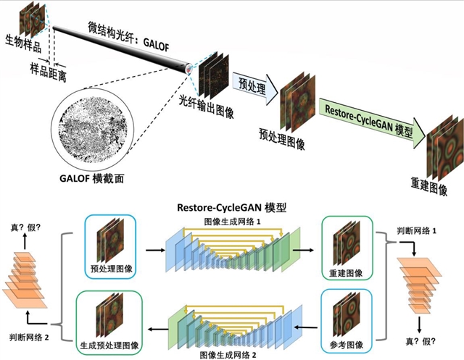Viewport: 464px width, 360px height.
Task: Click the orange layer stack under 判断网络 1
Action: [x=421, y=283]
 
